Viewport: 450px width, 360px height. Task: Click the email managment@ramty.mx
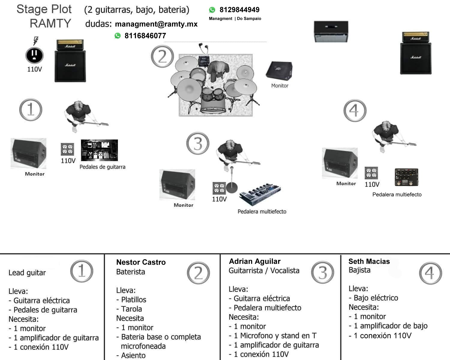click(156, 24)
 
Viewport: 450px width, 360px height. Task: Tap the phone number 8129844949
click(239, 10)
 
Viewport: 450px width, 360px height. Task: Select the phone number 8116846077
click(145, 36)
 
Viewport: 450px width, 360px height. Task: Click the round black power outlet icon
click(34, 55)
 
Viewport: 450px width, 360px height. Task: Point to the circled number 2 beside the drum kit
click(162, 56)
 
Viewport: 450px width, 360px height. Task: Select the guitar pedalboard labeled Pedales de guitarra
click(99, 150)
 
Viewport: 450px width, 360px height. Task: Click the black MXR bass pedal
click(406, 177)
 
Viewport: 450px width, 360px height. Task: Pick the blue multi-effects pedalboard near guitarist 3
click(260, 194)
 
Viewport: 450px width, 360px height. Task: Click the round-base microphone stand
click(232, 186)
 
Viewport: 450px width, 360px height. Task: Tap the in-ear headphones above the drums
click(203, 48)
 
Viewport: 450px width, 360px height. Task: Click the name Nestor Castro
click(141, 262)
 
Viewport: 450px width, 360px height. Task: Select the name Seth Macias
click(369, 261)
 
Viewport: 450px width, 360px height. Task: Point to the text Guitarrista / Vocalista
click(264, 271)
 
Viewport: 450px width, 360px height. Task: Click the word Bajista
click(359, 270)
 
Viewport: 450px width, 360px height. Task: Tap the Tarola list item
click(131, 309)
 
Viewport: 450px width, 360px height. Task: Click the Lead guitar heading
click(27, 273)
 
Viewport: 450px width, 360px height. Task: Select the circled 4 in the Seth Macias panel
click(430, 273)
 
